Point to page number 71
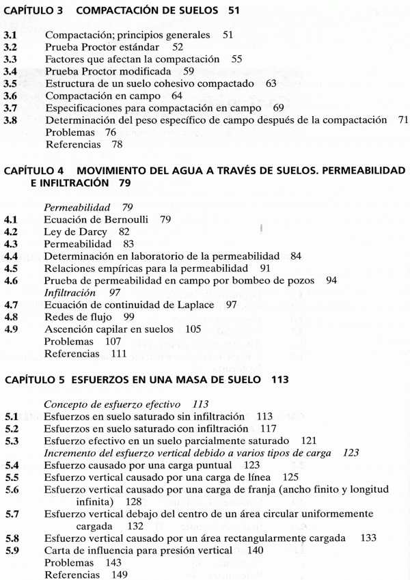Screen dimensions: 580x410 coord(402,120)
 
